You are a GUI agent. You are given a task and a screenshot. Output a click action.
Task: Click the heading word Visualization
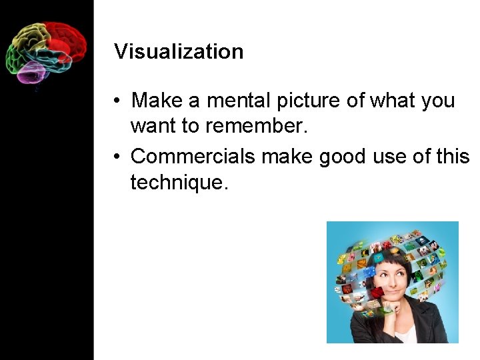(x=179, y=52)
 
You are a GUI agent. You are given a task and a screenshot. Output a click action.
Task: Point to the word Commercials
(x=193, y=156)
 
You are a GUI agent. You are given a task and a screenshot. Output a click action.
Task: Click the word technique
(x=179, y=181)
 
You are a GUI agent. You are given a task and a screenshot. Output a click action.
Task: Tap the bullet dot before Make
(x=116, y=101)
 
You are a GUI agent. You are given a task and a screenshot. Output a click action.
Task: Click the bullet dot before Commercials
(x=116, y=157)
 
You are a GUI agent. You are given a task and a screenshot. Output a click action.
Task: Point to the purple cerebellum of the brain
(x=31, y=72)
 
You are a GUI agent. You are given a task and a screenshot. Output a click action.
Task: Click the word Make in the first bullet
(x=157, y=101)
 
